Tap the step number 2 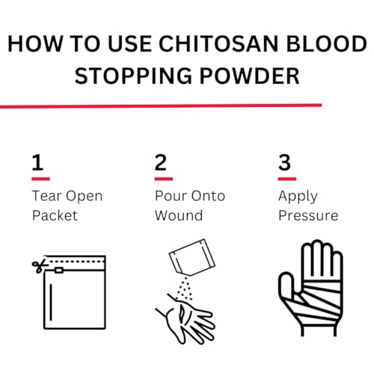160,164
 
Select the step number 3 284,164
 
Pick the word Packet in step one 55,215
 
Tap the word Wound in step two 178,215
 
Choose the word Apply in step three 298,196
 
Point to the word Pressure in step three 307,215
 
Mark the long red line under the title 161,105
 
